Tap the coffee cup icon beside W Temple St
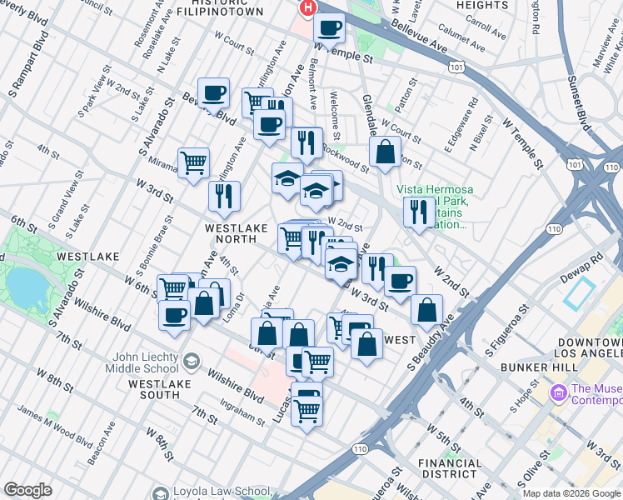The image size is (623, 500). click(x=329, y=28)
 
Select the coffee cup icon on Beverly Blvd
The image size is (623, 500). click(x=213, y=93)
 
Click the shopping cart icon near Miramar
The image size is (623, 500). click(x=193, y=162)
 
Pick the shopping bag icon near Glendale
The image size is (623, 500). click(x=384, y=152)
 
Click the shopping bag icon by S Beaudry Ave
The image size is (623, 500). click(x=426, y=309)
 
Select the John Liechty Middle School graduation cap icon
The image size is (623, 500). click(x=192, y=362)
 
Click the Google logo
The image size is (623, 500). click(x=28, y=490)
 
